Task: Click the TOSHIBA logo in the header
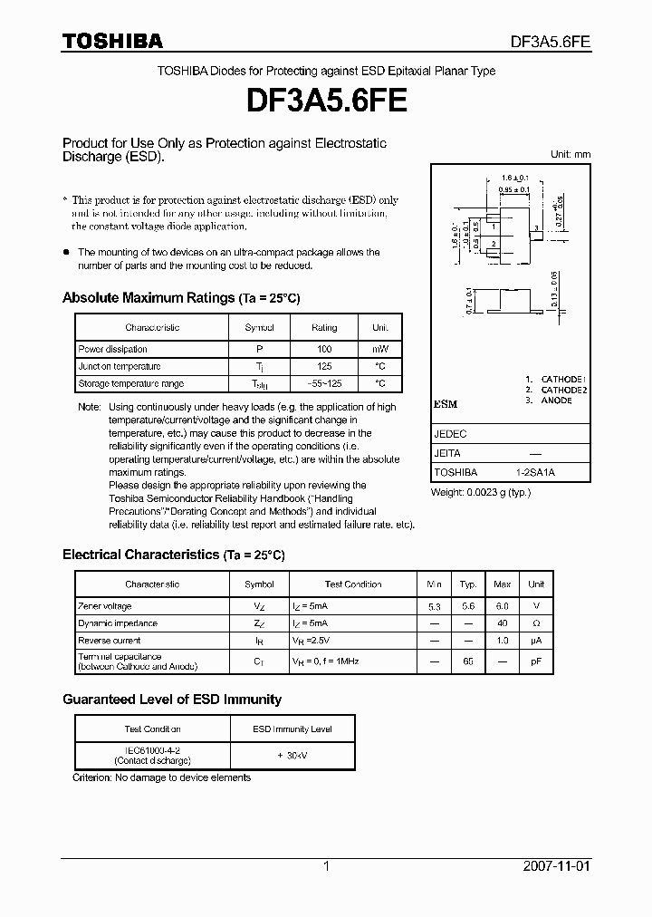(x=112, y=41)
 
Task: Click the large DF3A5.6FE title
(x=326, y=99)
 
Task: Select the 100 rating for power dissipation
(x=324, y=349)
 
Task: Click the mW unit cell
(x=379, y=349)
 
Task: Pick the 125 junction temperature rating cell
(x=324, y=366)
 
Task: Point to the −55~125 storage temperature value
(x=324, y=384)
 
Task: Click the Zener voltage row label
(x=105, y=606)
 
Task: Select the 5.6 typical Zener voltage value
(x=467, y=606)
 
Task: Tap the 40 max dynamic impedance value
(x=502, y=623)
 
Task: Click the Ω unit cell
(x=536, y=623)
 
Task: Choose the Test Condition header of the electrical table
(x=352, y=584)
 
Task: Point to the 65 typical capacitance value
(x=467, y=661)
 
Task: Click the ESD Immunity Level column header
(x=292, y=729)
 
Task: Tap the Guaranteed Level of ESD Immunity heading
(x=172, y=700)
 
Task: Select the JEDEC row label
(x=450, y=434)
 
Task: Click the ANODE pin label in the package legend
(x=556, y=401)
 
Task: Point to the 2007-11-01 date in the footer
(x=557, y=866)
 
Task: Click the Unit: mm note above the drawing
(x=570, y=154)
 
